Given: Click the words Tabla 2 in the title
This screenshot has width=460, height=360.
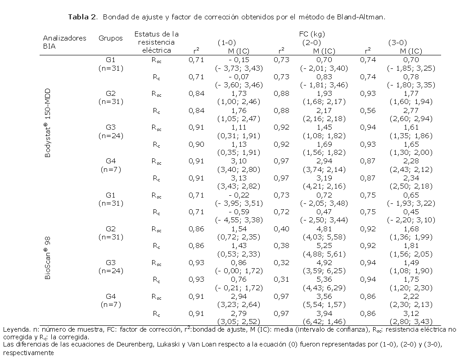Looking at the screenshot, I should point(82,17).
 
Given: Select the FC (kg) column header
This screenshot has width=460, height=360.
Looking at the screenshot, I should point(311,34).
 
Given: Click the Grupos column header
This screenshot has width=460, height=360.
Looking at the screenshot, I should point(110,38).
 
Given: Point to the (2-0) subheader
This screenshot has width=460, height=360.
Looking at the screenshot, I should point(311,43).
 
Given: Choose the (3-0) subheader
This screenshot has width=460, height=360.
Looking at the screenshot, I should point(397,43).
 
